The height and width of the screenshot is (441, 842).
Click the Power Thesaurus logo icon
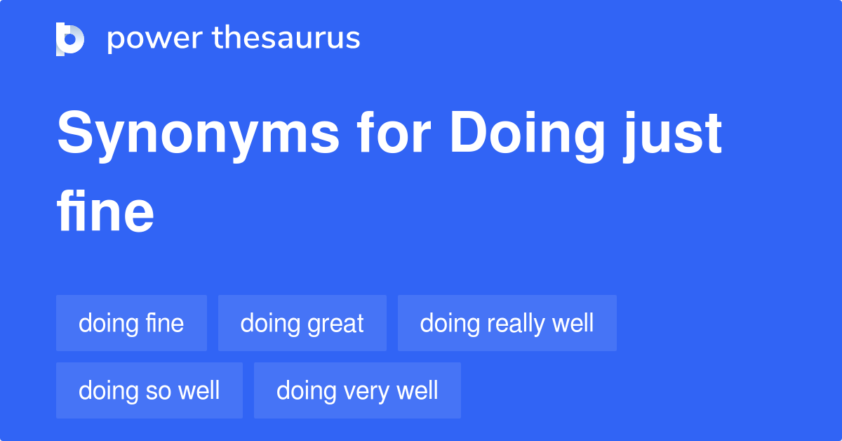[x=69, y=39]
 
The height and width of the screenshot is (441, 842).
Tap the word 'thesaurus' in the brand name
[x=286, y=39]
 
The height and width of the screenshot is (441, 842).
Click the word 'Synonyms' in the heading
[x=198, y=135]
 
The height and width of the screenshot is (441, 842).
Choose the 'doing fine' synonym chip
[x=131, y=323]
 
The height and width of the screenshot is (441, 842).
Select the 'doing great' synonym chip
[x=302, y=323]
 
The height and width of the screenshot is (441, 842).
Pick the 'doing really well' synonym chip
[x=507, y=323]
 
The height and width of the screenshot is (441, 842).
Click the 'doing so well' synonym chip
[x=149, y=390]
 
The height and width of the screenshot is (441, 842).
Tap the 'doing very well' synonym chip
[x=357, y=390]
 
